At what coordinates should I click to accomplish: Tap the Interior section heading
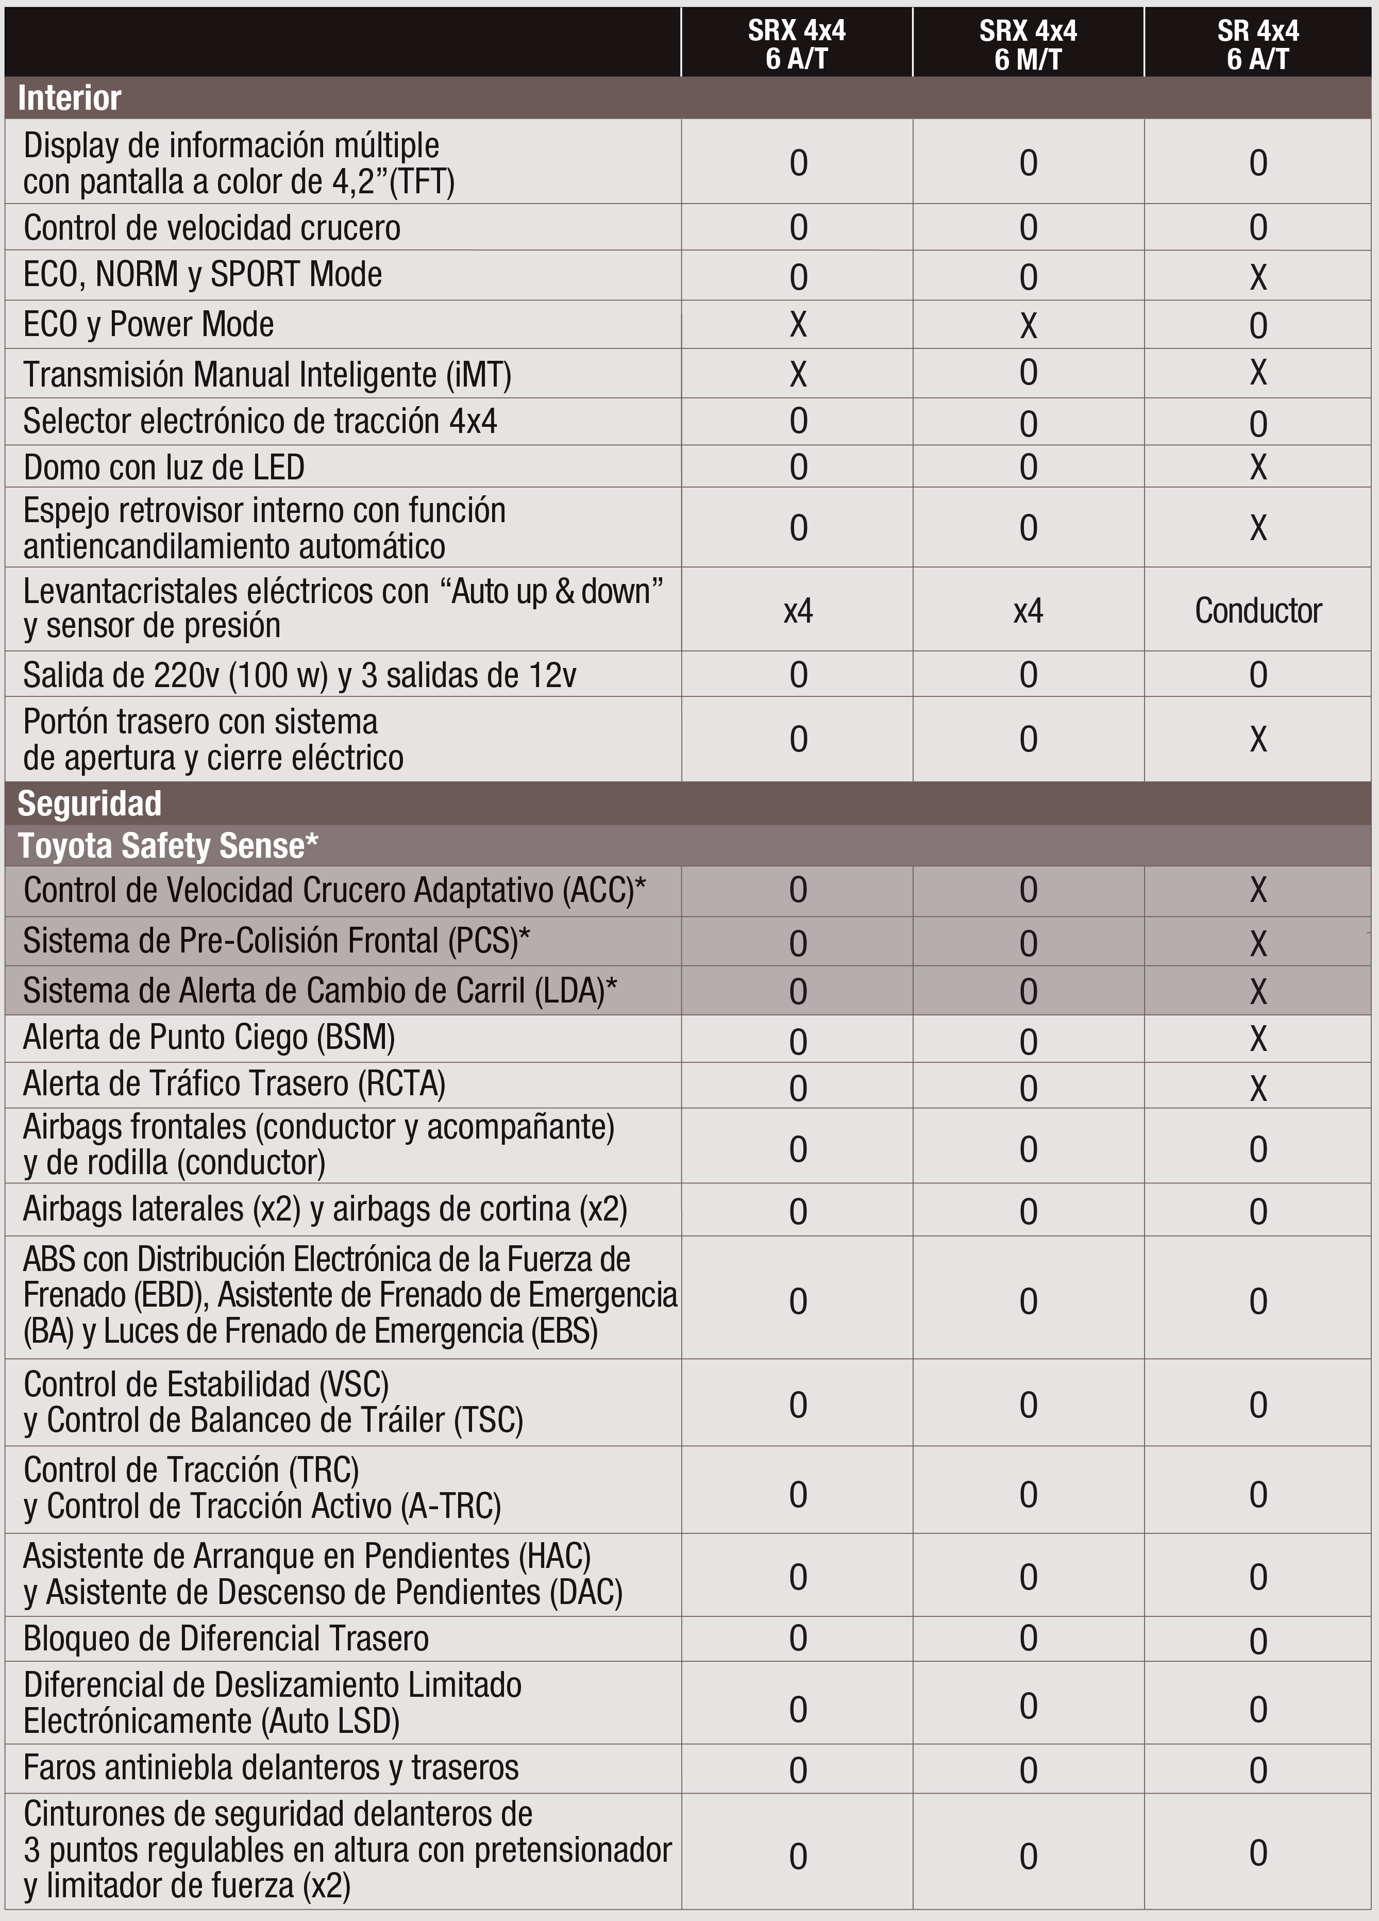coord(70,98)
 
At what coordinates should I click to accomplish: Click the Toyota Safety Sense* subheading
coord(167,845)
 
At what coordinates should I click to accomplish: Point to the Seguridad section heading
coord(90,803)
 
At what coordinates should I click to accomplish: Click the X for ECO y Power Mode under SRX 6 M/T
coord(1028,325)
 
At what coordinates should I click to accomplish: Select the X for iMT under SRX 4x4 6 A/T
coord(798,374)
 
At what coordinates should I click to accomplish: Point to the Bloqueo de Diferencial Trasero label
coord(225,1638)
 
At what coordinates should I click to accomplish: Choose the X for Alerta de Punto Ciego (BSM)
coord(1258,1039)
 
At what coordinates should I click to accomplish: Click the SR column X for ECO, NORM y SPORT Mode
coord(1258,277)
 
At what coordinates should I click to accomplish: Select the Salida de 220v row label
coord(299,675)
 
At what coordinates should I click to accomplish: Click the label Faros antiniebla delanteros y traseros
coord(270,1768)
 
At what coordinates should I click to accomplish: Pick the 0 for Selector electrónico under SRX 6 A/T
coord(798,421)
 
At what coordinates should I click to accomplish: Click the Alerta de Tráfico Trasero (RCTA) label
coord(234,1084)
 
